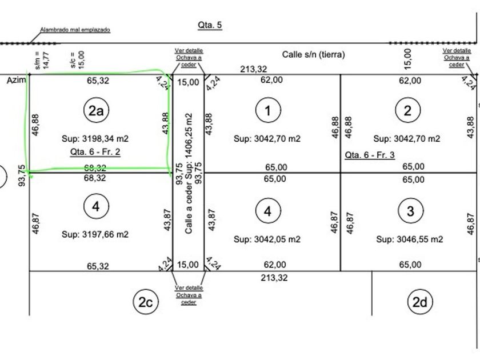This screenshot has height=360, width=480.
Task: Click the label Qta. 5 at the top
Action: (x=209, y=25)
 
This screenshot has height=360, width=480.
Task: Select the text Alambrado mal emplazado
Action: (x=75, y=29)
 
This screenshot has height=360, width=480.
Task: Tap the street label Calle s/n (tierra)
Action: (x=313, y=55)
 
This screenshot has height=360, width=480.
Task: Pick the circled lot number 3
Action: (x=409, y=210)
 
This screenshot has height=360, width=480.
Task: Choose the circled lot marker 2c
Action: (x=145, y=302)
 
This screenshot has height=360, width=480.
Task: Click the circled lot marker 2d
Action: (x=419, y=302)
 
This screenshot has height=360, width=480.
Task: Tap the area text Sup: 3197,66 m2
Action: (x=95, y=234)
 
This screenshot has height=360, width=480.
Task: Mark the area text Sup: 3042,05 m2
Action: (x=267, y=239)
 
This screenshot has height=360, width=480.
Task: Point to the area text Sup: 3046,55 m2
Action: (x=409, y=239)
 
